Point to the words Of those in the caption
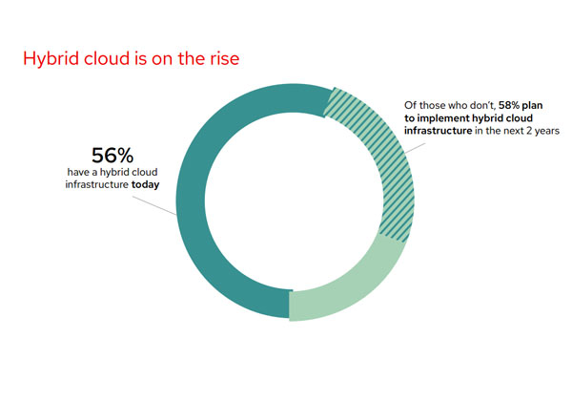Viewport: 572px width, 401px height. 420,104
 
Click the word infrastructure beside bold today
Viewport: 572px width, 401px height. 97,187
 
